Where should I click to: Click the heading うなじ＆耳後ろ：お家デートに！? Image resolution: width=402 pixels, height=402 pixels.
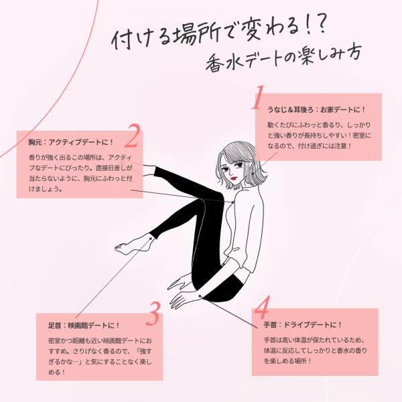[x=317, y=109]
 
